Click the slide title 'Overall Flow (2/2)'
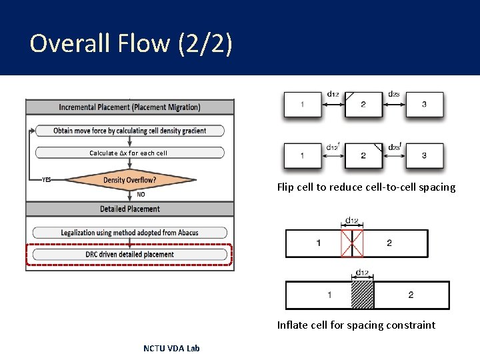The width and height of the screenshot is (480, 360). point(131,43)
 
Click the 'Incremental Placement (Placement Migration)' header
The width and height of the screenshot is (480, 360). point(129,107)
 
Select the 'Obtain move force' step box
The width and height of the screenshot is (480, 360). point(129,131)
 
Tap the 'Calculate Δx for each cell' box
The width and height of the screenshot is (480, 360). point(129,153)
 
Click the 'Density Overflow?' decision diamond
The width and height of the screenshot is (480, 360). point(129,180)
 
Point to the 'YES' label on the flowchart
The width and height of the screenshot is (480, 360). point(47,180)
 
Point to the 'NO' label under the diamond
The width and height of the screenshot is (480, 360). point(141,195)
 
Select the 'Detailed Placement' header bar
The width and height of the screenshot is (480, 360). point(129,209)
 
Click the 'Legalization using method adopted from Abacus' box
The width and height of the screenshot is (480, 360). point(129,233)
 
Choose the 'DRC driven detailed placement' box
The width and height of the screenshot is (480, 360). point(129,254)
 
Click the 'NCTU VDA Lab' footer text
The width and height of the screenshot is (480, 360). point(171,348)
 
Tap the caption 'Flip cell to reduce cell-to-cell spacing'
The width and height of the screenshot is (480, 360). point(366,187)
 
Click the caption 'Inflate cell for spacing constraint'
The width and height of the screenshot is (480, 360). point(356,325)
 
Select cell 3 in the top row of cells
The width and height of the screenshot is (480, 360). point(424,105)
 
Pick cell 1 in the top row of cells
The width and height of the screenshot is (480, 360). point(303,105)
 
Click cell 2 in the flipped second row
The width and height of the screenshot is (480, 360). point(363,156)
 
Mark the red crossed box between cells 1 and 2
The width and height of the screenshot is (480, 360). point(351,243)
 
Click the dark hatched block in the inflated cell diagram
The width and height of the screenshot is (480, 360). point(362,295)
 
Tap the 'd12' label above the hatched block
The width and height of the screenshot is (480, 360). point(362,272)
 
